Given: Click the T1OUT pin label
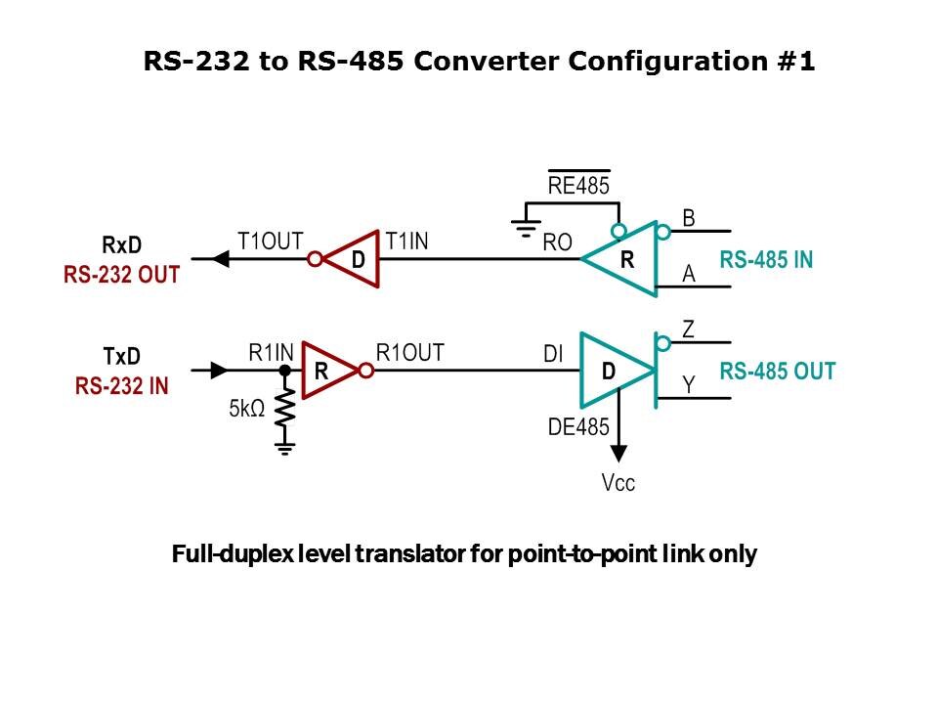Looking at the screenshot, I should pyautogui.click(x=271, y=241).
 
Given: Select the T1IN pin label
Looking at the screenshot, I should pyautogui.click(x=406, y=241).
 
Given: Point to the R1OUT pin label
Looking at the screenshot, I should pyautogui.click(x=410, y=353).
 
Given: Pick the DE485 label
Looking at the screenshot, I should pyautogui.click(x=578, y=426).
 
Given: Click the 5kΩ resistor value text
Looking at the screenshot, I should pyautogui.click(x=247, y=409).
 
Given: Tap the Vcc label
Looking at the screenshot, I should pyautogui.click(x=618, y=483).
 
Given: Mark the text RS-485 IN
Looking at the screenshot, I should pyautogui.click(x=766, y=260).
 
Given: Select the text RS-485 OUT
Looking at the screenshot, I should pyautogui.click(x=778, y=372).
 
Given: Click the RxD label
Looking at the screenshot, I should pyautogui.click(x=122, y=245).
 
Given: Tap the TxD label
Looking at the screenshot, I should pyautogui.click(x=122, y=357).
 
